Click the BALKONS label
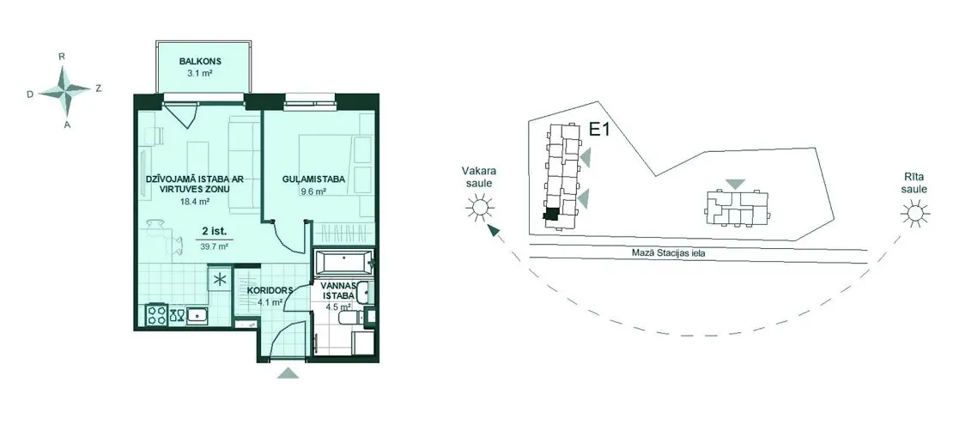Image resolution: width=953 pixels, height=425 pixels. (200, 61)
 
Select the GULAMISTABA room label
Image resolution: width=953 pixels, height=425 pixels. (314, 179)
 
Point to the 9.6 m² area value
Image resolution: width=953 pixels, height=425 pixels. (314, 191)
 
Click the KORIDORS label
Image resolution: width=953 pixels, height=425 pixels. (271, 290)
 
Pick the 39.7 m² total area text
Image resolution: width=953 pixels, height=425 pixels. (215, 246)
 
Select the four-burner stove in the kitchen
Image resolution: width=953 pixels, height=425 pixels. (157, 315)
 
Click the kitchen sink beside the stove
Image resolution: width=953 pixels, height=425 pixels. (197, 316)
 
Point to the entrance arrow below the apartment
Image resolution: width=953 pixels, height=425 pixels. (288, 373)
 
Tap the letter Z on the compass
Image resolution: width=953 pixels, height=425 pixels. (99, 88)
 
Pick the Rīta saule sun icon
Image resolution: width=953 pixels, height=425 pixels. (914, 214)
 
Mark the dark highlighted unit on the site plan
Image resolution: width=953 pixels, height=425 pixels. (552, 215)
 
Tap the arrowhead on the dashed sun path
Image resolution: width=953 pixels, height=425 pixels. (495, 230)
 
